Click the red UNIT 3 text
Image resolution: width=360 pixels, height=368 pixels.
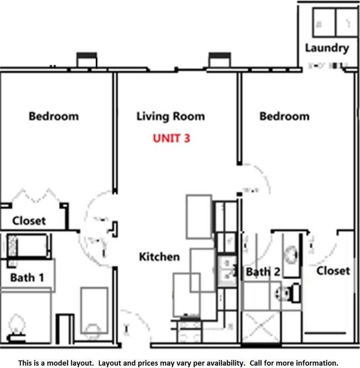171,138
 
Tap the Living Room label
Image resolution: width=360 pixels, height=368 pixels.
171,116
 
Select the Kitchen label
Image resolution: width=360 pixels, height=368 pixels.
159,256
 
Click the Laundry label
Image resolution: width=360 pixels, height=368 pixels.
327,48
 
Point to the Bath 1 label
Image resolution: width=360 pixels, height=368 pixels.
27,277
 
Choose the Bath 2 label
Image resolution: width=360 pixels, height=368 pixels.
263,272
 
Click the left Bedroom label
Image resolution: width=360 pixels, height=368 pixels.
54,116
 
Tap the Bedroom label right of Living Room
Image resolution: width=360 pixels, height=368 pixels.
284,116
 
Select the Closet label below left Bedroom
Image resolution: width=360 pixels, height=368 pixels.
29,221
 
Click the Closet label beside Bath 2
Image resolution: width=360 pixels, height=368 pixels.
333,271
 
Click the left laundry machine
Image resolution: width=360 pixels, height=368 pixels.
324,23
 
